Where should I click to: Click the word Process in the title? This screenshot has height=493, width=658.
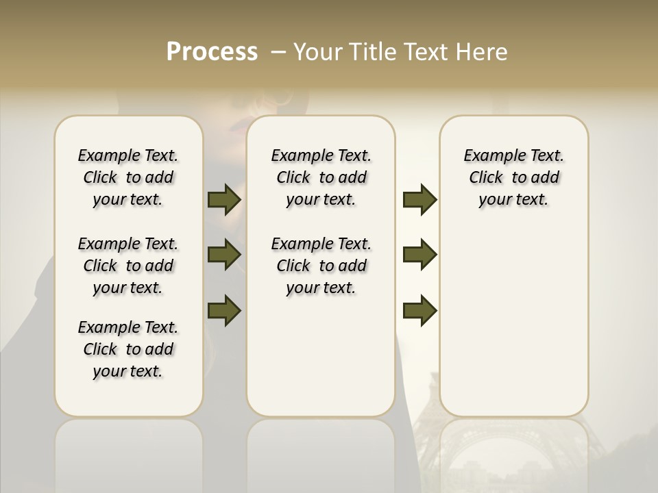[212, 52]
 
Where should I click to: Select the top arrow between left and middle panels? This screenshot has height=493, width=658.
[224, 199]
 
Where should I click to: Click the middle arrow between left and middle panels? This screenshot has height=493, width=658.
[224, 255]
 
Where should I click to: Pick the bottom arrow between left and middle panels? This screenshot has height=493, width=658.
[224, 310]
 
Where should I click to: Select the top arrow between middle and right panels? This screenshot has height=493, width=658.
[419, 199]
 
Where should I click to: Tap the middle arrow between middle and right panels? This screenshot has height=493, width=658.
[419, 255]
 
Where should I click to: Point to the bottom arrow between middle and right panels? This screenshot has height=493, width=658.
[419, 310]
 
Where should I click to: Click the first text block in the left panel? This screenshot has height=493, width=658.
[128, 177]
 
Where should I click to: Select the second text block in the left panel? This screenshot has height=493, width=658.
[128, 266]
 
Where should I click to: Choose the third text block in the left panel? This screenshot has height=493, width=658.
[128, 349]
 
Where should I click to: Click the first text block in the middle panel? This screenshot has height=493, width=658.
[321, 177]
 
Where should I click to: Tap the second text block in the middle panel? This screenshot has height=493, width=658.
[321, 266]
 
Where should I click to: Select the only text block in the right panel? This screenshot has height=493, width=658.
[514, 177]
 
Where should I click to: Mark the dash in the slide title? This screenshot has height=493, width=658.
[278, 52]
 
